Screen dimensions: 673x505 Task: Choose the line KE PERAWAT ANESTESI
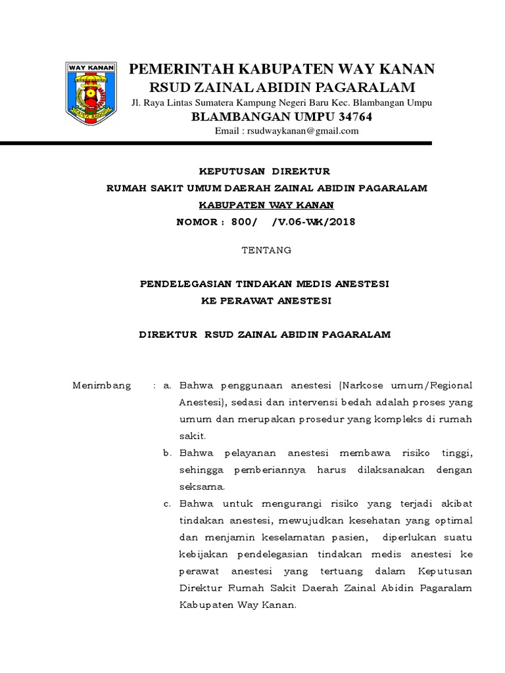pos(266,301)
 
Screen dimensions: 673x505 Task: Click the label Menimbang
pos(101,385)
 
